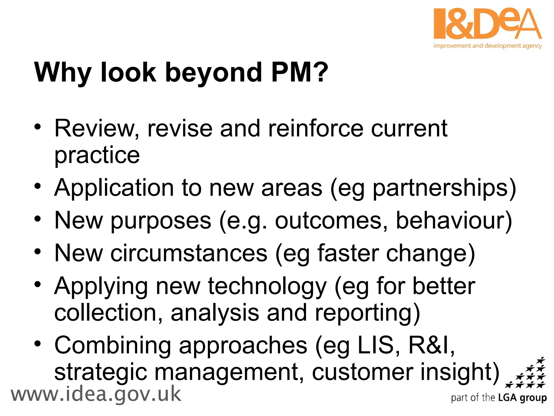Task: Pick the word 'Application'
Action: coord(114,188)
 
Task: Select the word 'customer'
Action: coord(362,372)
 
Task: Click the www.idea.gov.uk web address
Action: coord(96,395)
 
